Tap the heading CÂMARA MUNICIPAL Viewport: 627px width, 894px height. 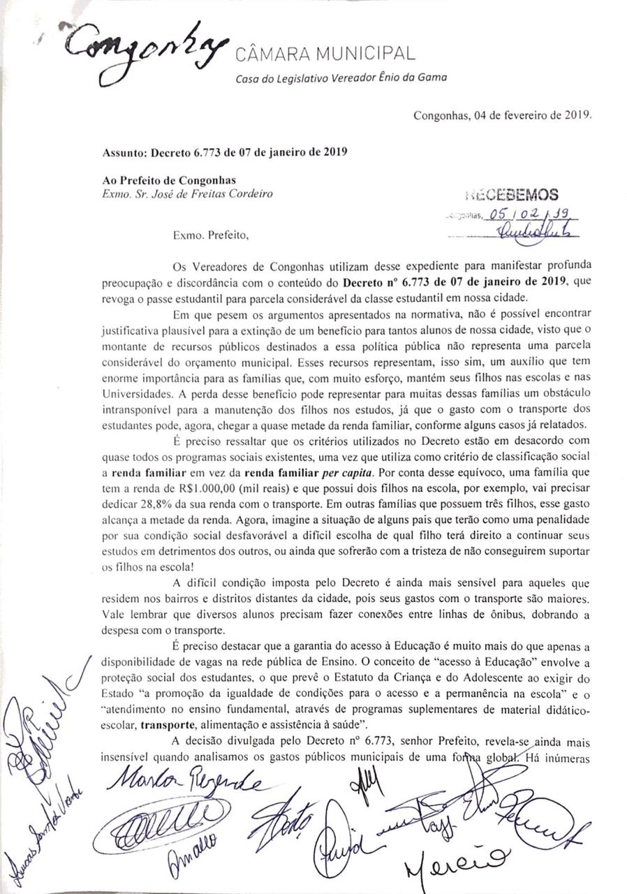coord(325,54)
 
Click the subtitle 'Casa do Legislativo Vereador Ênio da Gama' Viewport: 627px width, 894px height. coord(341,78)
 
